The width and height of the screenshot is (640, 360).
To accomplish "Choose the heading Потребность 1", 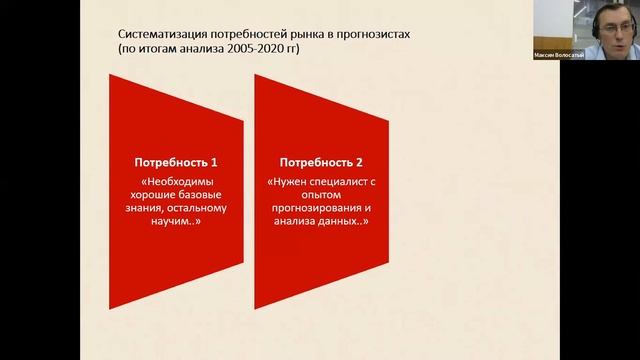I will point(176,161).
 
